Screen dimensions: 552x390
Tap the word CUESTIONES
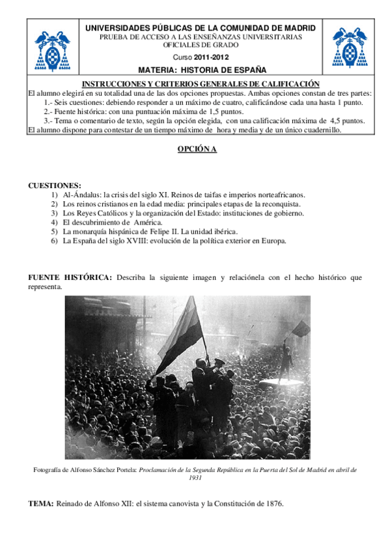tap(55, 186)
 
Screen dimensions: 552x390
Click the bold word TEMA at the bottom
tap(40, 504)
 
